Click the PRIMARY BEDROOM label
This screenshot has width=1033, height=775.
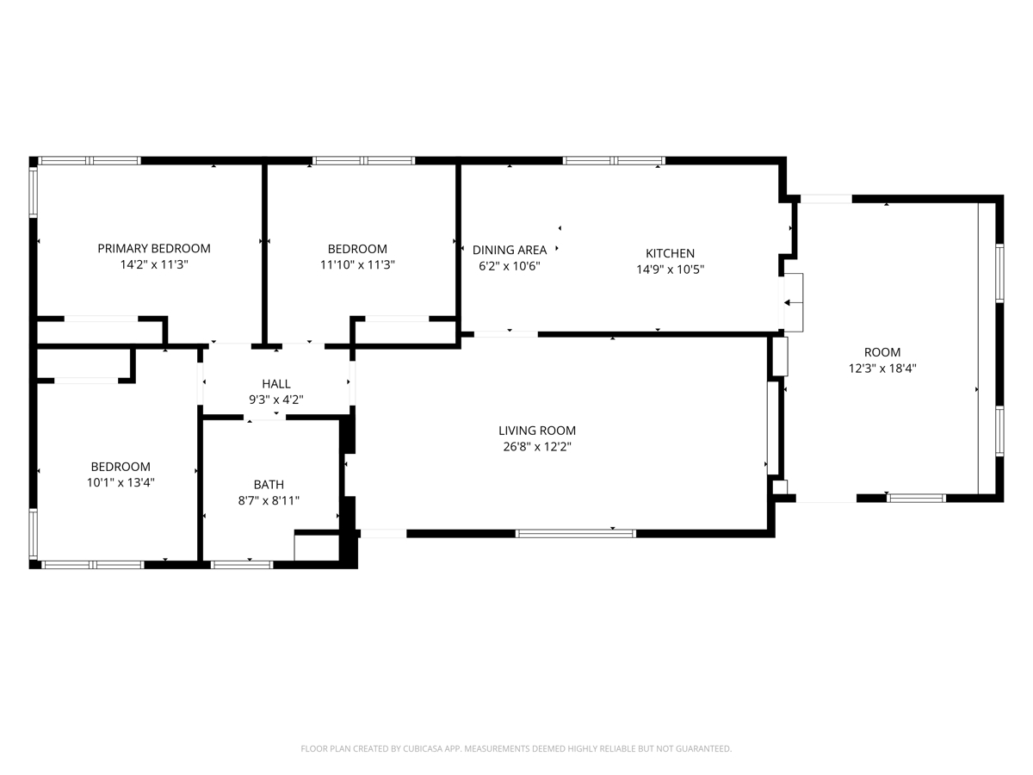tap(154, 249)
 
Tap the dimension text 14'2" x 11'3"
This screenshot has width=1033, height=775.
tap(154, 264)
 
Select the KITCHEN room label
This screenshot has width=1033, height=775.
tap(670, 253)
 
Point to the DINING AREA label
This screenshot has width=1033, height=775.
tap(510, 250)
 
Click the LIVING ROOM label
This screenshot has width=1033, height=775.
tap(537, 431)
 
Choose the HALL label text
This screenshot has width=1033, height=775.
tap(276, 384)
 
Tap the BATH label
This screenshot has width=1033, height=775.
tap(269, 485)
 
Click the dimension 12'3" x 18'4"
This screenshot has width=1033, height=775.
tap(882, 369)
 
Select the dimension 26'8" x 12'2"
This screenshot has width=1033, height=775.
tap(537, 447)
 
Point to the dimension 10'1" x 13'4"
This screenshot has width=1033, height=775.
tap(121, 483)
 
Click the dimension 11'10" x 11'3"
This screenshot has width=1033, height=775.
tap(357, 265)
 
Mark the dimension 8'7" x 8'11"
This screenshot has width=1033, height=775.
tap(269, 500)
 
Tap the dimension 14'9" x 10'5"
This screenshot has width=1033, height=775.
tap(670, 270)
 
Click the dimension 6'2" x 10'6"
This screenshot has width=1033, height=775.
tap(510, 266)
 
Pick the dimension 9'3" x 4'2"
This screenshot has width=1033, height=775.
tap(276, 400)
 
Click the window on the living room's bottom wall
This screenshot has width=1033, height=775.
tap(576, 534)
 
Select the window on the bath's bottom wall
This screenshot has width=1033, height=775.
tap(242, 565)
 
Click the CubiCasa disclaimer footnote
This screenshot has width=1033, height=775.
tap(516, 748)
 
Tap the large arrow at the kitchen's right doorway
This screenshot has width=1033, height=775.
tap(793, 303)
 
